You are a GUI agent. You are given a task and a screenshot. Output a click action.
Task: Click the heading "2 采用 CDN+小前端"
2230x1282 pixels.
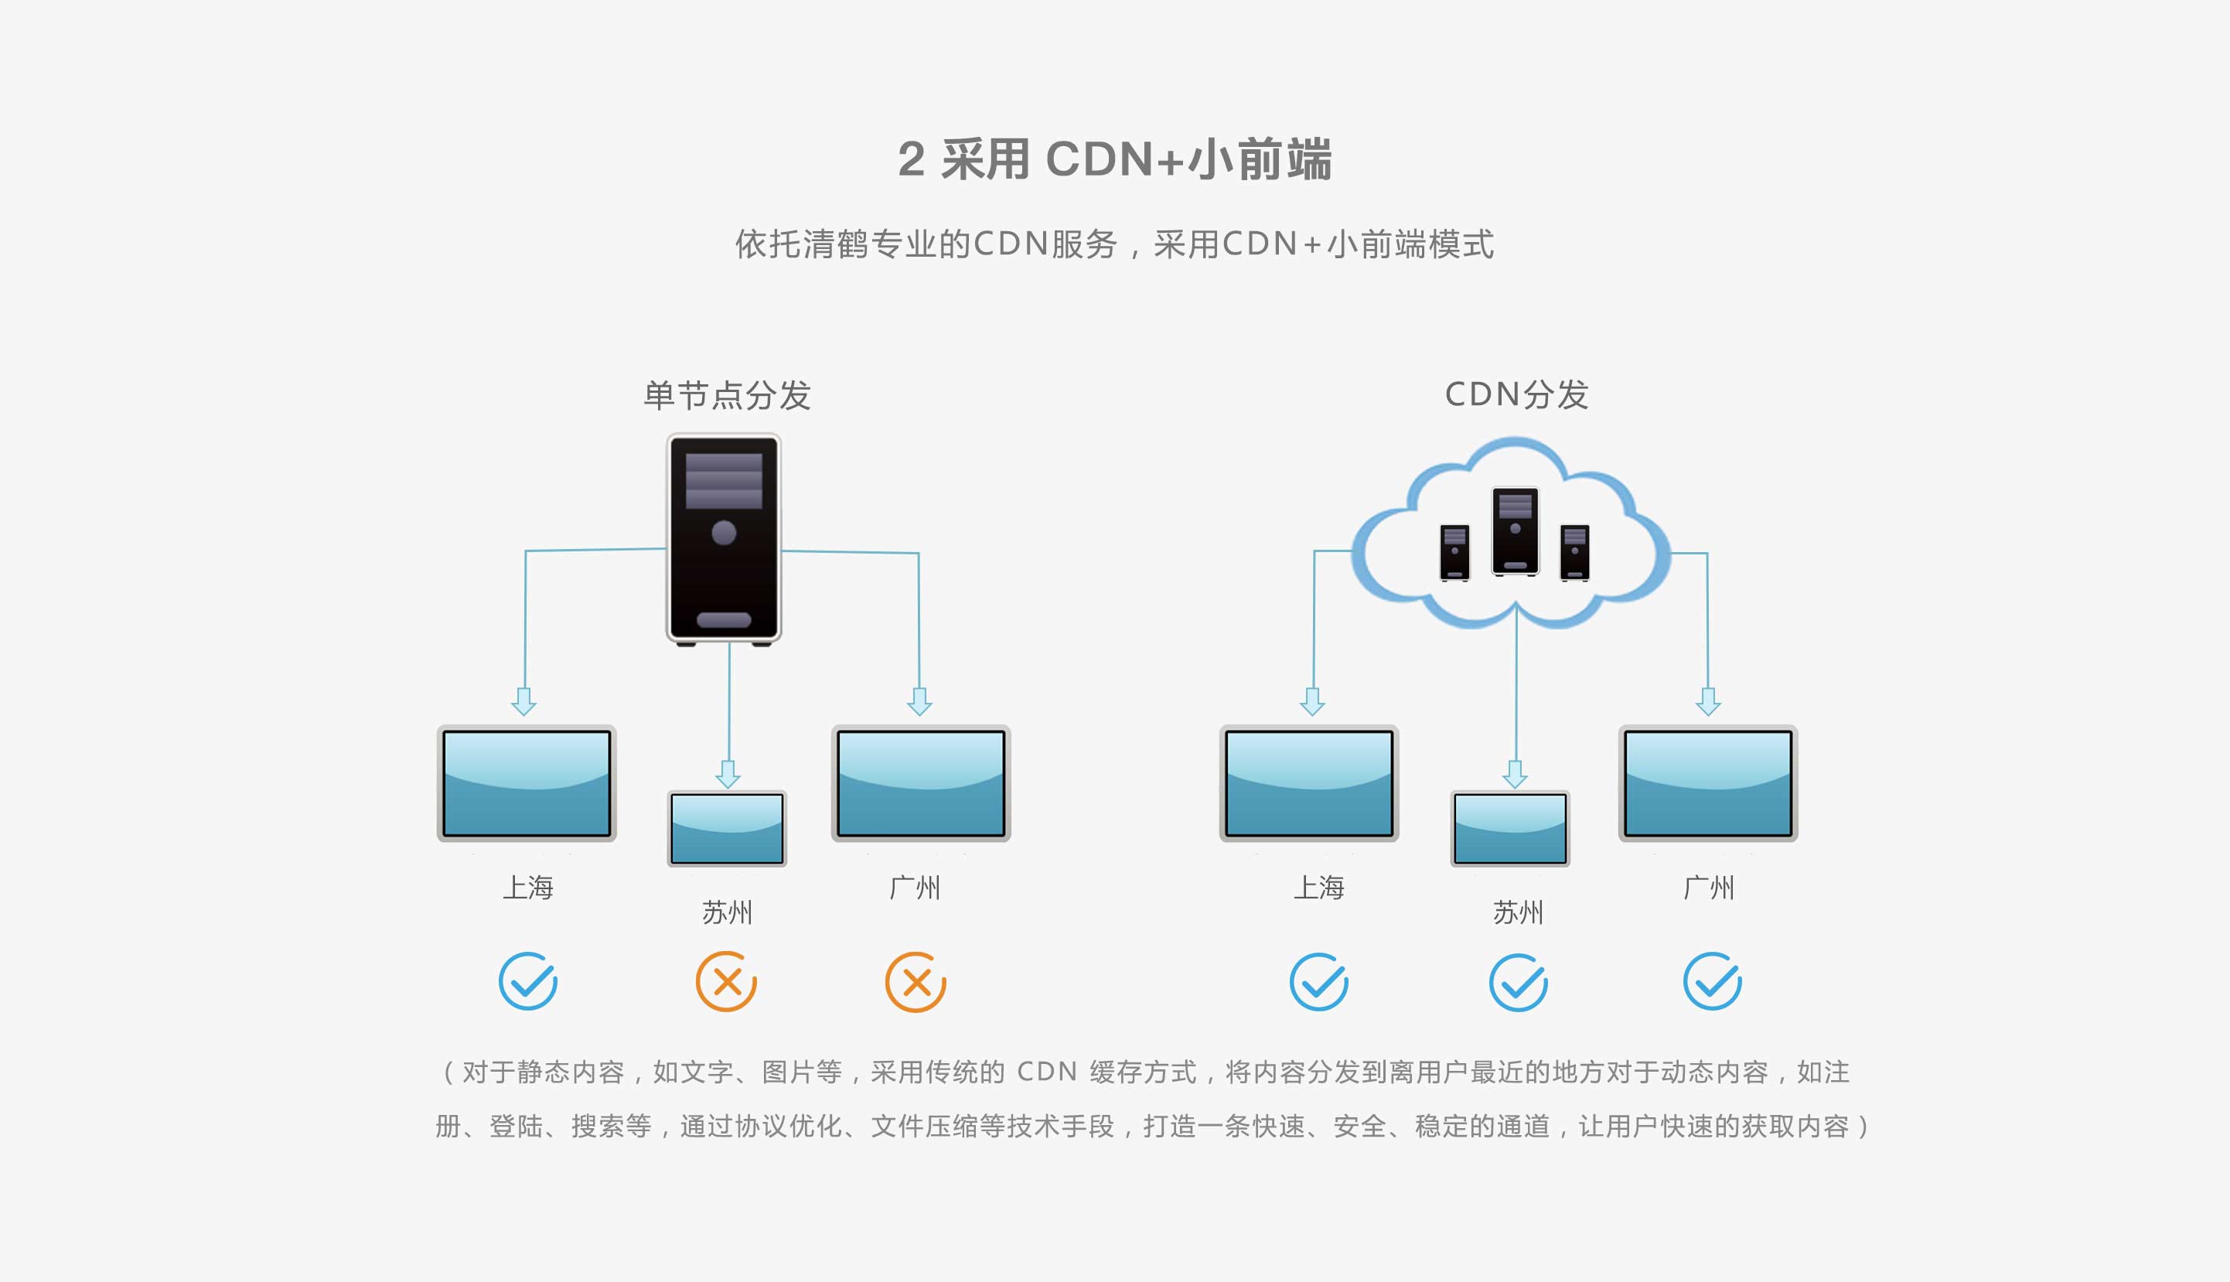(1114, 159)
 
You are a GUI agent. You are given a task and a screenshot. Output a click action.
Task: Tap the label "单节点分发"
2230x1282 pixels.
(727, 395)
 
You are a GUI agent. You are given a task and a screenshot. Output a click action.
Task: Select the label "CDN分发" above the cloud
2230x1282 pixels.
(1517, 394)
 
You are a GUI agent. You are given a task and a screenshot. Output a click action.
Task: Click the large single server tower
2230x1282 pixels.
(724, 539)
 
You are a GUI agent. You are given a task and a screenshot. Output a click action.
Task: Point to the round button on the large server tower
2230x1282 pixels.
(724, 533)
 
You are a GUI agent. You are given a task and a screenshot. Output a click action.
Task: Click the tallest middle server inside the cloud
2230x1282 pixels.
(1515, 531)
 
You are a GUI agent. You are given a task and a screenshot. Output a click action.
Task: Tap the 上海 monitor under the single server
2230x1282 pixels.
(527, 782)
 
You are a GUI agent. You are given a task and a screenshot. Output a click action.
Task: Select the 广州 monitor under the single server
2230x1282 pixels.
(921, 782)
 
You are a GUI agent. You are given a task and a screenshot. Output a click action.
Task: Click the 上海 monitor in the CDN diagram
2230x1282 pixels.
(1309, 782)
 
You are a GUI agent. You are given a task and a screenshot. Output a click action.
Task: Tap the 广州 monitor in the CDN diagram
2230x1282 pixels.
(1708, 782)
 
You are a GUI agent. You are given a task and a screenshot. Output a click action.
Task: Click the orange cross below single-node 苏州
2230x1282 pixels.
(726, 981)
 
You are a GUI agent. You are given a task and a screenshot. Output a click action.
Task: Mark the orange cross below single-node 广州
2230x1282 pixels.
(916, 982)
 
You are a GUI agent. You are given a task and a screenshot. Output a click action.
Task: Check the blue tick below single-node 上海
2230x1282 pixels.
(528, 981)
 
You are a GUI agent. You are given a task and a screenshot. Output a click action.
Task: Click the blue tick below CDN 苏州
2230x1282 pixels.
(1519, 982)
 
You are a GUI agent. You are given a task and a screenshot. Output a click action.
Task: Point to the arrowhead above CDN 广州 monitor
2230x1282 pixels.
(1709, 702)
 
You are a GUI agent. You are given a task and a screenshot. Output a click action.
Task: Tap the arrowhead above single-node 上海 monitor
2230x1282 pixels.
(523, 702)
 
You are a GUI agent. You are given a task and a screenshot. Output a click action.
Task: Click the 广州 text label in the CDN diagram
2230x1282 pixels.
(1709, 888)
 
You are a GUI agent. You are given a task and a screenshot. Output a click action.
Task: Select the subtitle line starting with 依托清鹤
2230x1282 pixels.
(1114, 244)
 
